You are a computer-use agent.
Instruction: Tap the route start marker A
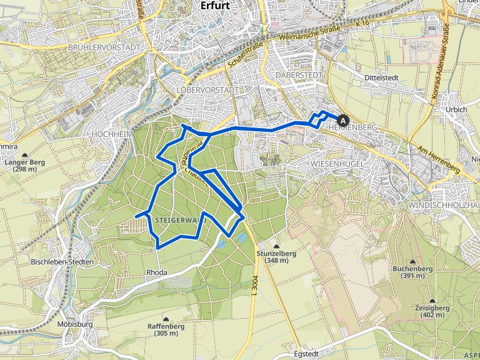click(x=342, y=119)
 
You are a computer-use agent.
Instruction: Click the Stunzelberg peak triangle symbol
click(x=276, y=245)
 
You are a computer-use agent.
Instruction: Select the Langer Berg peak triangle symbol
click(x=25, y=155)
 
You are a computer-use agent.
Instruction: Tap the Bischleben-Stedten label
click(x=62, y=261)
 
